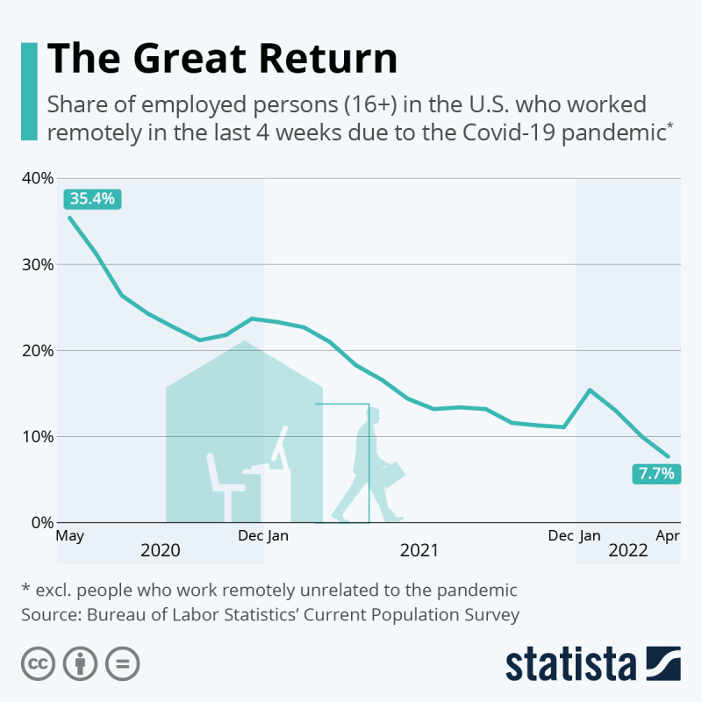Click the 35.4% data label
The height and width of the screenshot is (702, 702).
[x=92, y=198]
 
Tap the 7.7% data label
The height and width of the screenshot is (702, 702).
[x=655, y=474]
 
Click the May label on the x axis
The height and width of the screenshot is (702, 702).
[x=69, y=535]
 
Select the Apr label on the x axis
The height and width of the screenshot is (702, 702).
[x=668, y=535]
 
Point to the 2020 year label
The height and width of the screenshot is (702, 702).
[x=161, y=550]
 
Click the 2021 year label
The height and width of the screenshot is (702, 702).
[x=419, y=550]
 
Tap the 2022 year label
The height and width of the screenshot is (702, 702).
[x=627, y=550]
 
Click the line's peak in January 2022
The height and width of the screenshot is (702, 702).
[x=590, y=390]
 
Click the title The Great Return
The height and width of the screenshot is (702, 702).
[x=222, y=60]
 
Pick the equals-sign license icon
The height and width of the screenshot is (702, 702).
[x=123, y=663]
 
